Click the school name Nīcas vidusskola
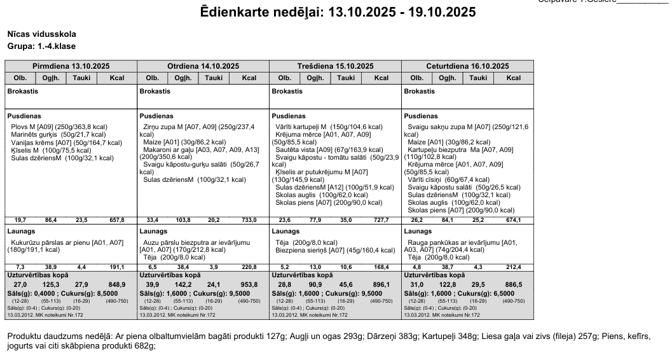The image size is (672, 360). point(38,34)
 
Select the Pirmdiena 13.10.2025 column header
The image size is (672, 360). point(71,66)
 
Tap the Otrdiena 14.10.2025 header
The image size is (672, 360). point(203,66)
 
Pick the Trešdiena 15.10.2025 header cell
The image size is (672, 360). point(335,66)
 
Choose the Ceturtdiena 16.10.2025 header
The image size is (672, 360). point(468,66)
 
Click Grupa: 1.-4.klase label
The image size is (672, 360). point(41,46)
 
